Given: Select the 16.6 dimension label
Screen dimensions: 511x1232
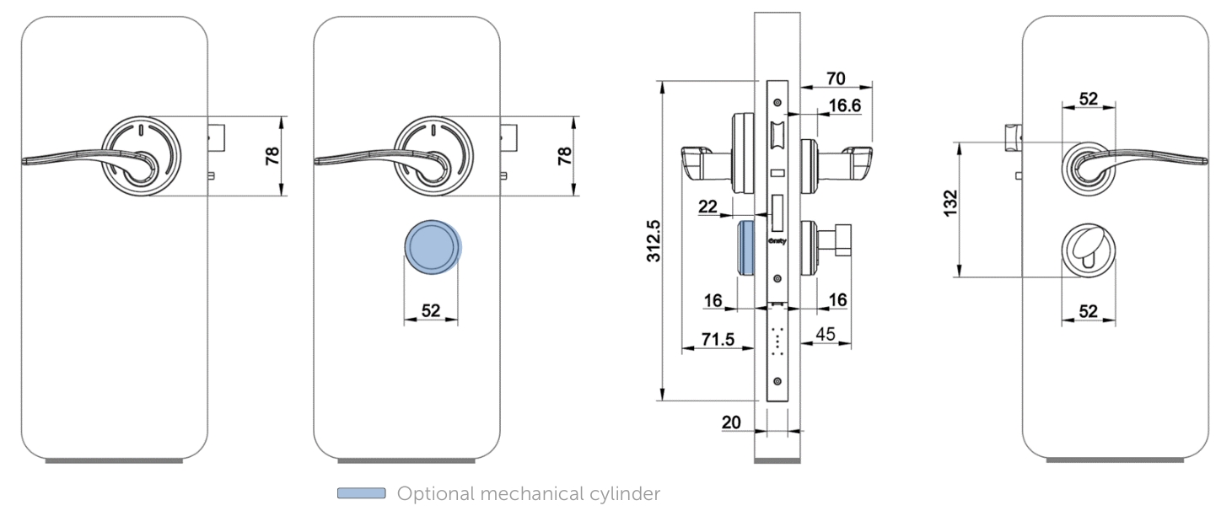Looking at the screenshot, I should pyautogui.click(x=843, y=105).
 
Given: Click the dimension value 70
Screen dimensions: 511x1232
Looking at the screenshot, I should pyautogui.click(x=835, y=78).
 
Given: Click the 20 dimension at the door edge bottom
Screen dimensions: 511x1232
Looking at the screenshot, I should pyautogui.click(x=730, y=422).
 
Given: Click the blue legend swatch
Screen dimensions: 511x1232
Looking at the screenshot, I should pyautogui.click(x=361, y=493).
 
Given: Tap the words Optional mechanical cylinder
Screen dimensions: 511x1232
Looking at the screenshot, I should pyautogui.click(x=529, y=493).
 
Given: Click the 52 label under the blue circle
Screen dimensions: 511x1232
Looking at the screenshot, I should pyautogui.click(x=430, y=310).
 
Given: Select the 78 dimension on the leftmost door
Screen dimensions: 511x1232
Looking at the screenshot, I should pyautogui.click(x=272, y=155).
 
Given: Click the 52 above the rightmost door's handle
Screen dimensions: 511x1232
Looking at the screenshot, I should pyautogui.click(x=1089, y=99).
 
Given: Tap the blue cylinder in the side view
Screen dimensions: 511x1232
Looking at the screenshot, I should pyautogui.click(x=745, y=248).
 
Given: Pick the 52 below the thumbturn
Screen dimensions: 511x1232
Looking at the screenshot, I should pyautogui.click(x=1089, y=311).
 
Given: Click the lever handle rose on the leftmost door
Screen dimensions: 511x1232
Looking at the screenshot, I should pyautogui.click(x=140, y=156).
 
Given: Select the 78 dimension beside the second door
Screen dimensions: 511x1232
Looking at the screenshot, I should pyautogui.click(x=564, y=155).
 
